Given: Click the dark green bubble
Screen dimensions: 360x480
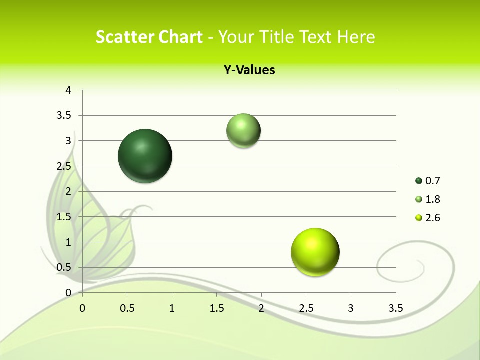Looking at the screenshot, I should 145,156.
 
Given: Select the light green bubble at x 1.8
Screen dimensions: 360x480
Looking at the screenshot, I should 243,131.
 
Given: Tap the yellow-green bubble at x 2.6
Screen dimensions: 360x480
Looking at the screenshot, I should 315,252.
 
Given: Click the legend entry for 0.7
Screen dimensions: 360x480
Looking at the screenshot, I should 428,181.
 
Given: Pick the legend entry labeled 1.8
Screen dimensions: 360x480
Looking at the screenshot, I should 428,199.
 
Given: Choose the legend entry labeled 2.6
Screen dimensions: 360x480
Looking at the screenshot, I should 428,218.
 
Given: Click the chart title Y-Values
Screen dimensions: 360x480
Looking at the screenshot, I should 249,70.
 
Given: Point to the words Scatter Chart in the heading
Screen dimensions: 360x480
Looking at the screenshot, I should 149,37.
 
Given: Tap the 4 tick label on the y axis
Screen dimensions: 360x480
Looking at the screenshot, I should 69,90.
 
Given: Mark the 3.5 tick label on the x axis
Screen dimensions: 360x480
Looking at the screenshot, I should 396,308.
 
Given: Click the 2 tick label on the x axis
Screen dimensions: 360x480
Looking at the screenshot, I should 261,308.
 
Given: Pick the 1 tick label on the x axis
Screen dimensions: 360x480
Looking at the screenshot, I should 172,308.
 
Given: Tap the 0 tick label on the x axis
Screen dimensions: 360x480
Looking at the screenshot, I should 82,308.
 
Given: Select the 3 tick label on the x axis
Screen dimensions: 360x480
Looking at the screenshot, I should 351,308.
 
